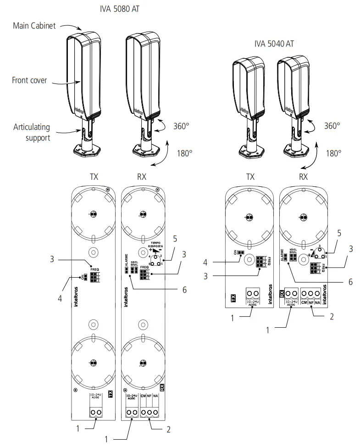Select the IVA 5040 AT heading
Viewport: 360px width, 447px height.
tap(274, 44)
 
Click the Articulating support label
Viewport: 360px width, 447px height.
tap(32, 132)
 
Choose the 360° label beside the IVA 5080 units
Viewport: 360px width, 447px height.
tap(181, 125)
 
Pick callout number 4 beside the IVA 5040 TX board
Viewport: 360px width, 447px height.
tap(206, 263)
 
